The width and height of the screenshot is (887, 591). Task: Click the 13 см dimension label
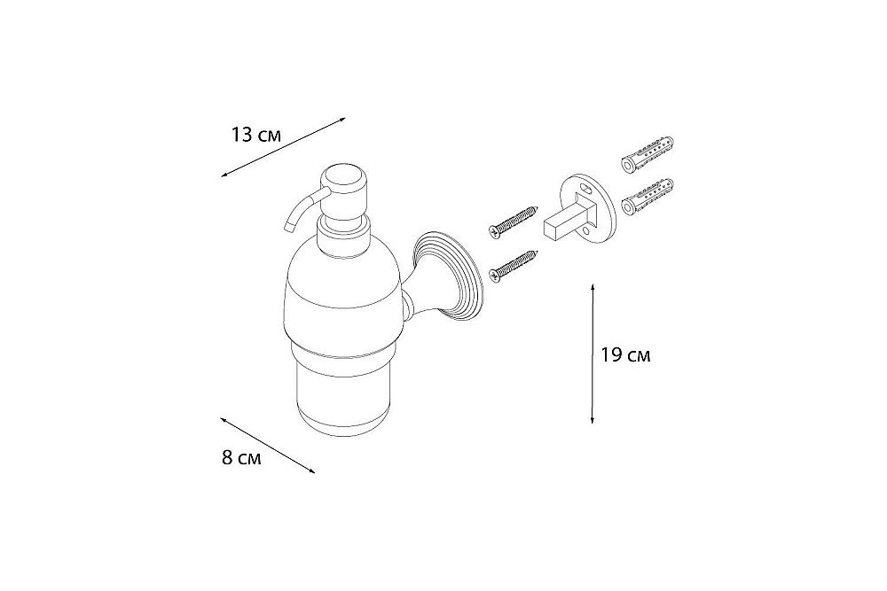point(256,136)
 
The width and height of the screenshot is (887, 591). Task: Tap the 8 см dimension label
point(240,459)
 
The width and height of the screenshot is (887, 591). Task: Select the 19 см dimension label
point(625,355)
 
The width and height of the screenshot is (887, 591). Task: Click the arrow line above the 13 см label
point(283,146)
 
